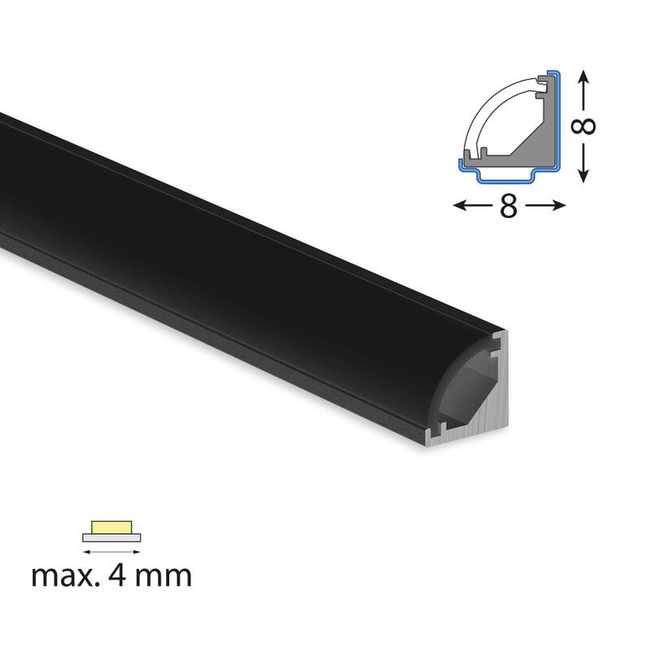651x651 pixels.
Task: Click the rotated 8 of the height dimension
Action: (583, 127)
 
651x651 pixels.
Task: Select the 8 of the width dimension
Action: (509, 206)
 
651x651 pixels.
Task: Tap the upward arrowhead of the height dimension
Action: (583, 76)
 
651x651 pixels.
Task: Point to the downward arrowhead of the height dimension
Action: (583, 176)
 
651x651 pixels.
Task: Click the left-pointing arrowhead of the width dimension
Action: (460, 206)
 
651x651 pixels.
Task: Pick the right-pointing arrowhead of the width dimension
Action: (558, 206)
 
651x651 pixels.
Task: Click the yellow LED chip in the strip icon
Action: (111, 527)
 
